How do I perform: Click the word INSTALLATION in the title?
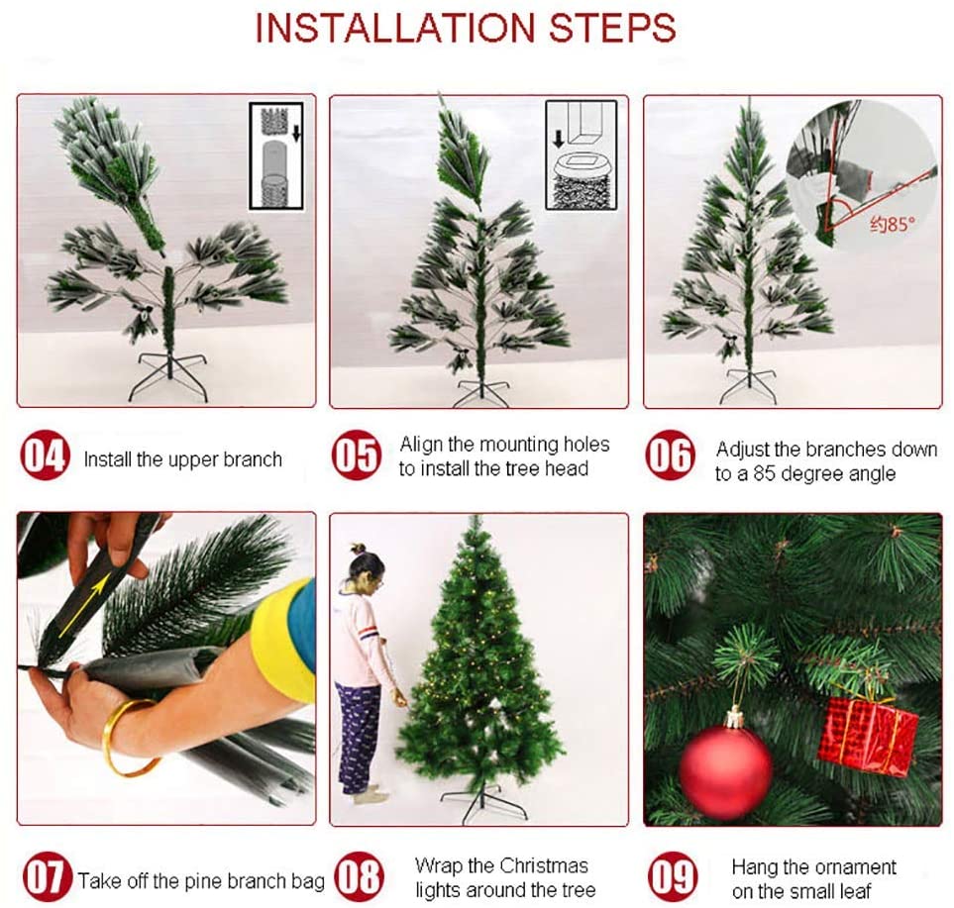(395, 28)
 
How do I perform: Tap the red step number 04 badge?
(45, 456)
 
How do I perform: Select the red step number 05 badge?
(357, 454)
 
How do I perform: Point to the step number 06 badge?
(670, 454)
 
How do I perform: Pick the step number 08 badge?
(359, 876)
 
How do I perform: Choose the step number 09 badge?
(673, 876)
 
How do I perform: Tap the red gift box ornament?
(868, 736)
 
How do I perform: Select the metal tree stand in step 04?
(168, 377)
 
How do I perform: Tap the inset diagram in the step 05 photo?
(582, 155)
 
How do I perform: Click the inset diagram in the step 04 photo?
(276, 156)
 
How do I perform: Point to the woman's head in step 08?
(367, 568)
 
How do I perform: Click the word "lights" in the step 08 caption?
(437, 890)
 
